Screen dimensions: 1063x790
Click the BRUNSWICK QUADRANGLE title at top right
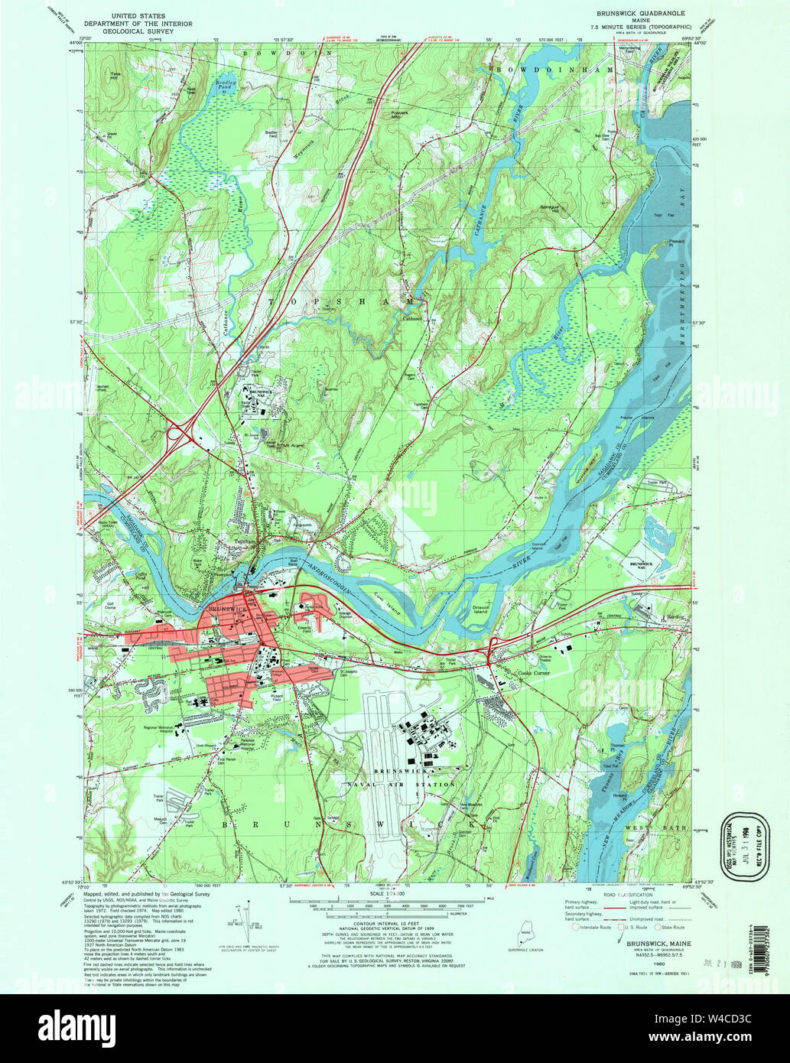tap(641, 14)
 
